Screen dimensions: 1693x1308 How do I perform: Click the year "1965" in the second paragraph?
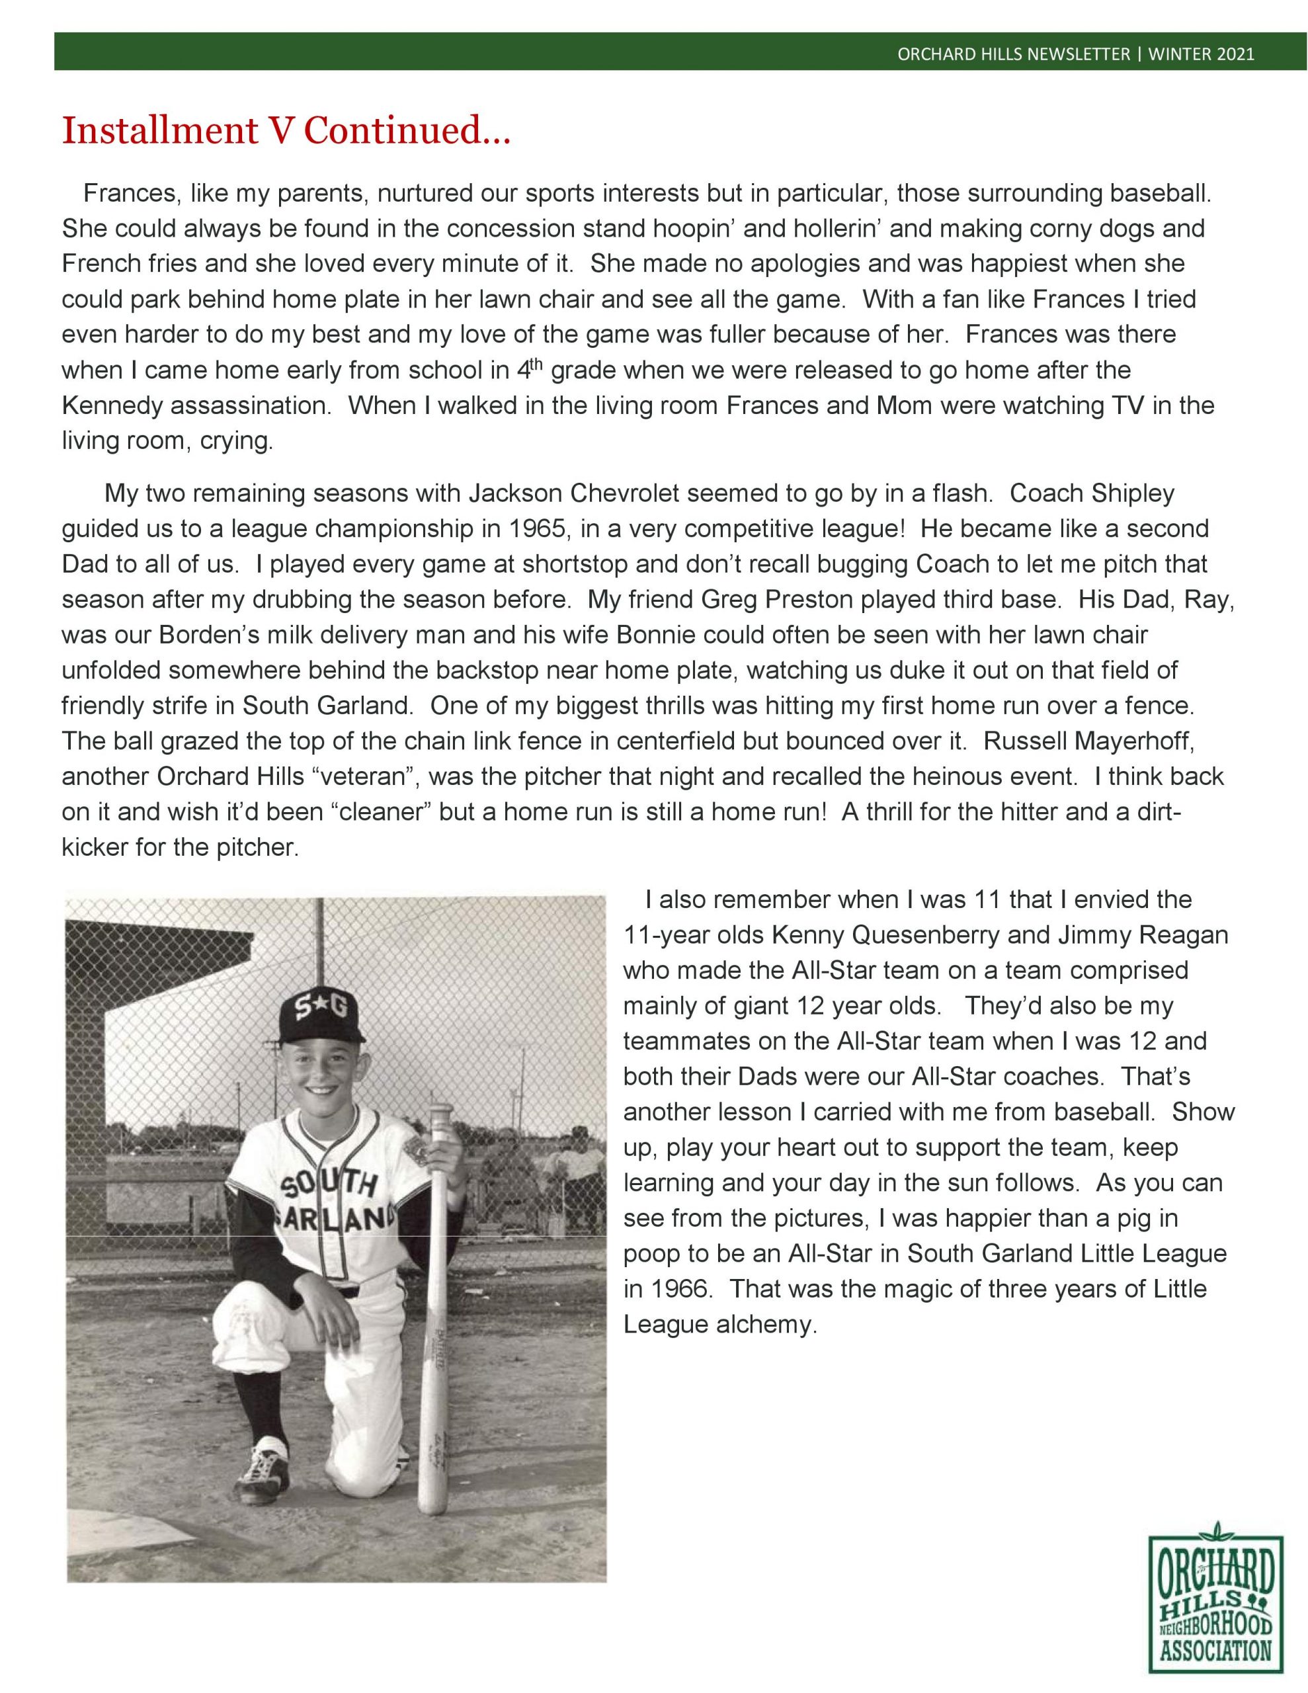pos(536,528)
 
